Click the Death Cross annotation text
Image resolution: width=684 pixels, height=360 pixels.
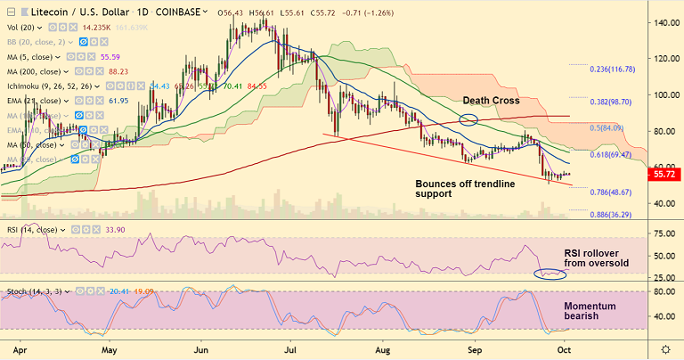491,101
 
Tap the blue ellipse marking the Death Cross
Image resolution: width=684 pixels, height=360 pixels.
469,118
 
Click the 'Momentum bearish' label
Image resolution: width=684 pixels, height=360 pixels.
590,310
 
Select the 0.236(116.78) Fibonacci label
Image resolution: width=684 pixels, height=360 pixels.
615,68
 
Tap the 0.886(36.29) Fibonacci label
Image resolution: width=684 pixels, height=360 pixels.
616,214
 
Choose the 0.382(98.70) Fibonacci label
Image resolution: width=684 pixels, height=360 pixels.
616,103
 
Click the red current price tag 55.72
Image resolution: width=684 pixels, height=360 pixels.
664,176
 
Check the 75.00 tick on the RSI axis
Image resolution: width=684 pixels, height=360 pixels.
662,234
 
